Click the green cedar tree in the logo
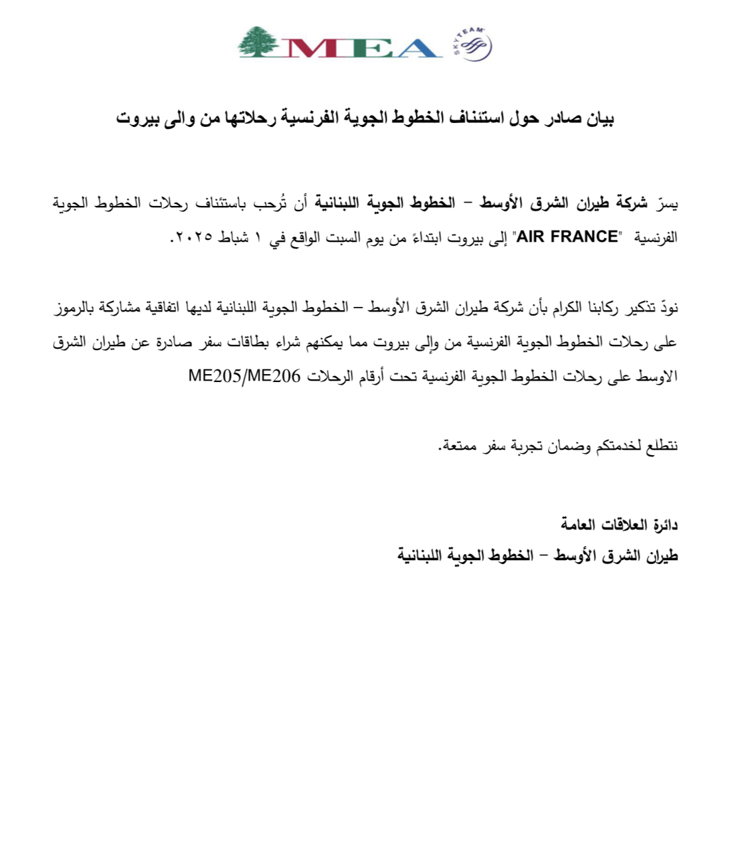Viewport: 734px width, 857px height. pyautogui.click(x=257, y=42)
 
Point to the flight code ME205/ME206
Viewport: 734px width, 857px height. pyautogui.click(x=244, y=376)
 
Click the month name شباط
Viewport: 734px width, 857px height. pyautogui.click(x=233, y=238)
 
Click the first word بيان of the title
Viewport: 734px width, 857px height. pyautogui.click(x=600, y=119)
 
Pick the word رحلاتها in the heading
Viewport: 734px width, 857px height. pyautogui.click(x=248, y=119)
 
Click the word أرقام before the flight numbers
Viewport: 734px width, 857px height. pyautogui.click(x=371, y=377)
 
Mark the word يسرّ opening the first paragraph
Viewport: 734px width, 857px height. pyautogui.click(x=666, y=203)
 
